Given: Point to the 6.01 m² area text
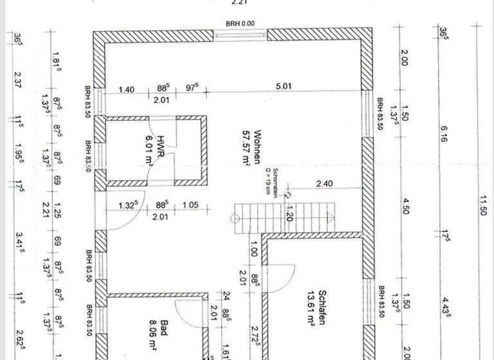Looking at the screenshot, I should coord(149,149).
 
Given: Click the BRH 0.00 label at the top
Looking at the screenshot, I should coord(240,23).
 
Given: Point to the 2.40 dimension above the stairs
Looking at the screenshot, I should coord(324,184).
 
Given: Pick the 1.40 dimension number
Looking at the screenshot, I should coord(127,89).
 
